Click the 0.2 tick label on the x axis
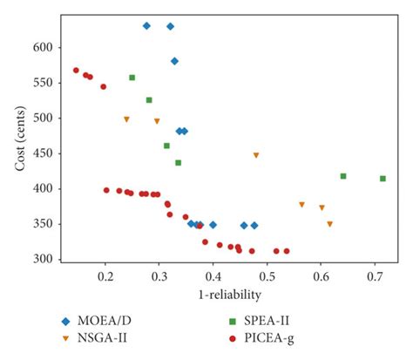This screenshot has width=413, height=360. coord(105,277)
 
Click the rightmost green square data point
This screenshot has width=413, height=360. coord(383,179)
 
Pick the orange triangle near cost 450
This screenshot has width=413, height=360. coord(256,155)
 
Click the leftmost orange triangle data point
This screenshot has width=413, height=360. coord(126,119)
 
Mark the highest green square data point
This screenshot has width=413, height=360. coord(132,78)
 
